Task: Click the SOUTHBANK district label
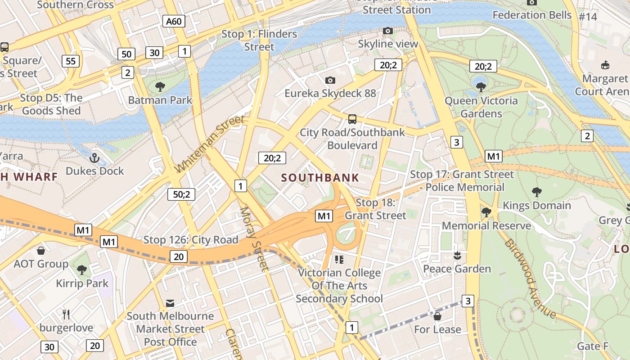point(320,177)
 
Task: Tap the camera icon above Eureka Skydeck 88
point(330,80)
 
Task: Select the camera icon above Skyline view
point(387,31)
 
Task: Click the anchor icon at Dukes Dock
point(94,157)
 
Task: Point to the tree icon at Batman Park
point(160,87)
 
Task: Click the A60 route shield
point(174,21)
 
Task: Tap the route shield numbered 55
point(71,61)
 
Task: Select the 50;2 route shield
point(181,194)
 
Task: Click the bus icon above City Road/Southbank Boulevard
point(352,119)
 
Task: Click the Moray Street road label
point(254,238)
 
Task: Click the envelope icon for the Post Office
point(170,303)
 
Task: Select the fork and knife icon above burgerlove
point(66,314)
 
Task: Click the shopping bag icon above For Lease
point(437,316)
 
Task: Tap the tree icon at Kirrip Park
point(82,270)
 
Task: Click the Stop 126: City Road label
point(191,240)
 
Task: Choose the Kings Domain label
point(536,206)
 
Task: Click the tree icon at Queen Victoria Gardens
point(481,87)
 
